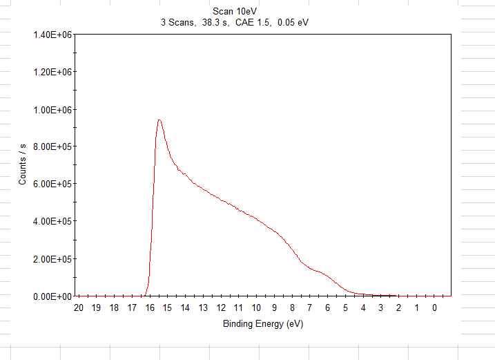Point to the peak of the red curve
click(159, 120)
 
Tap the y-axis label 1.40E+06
click(52, 35)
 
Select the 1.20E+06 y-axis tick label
click(52, 72)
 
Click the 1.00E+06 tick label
click(52, 109)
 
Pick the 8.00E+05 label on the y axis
click(52, 146)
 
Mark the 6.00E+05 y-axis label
click(52, 184)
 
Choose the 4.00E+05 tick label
click(52, 221)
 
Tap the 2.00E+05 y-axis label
click(52, 259)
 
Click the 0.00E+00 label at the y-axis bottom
click(52, 296)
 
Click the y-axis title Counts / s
click(23, 165)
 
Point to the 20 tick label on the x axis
click(79, 308)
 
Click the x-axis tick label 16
click(150, 308)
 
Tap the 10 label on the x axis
click(256, 308)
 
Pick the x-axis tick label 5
click(345, 308)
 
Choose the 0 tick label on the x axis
click(434, 308)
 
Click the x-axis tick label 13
click(203, 308)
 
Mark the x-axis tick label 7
click(310, 308)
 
